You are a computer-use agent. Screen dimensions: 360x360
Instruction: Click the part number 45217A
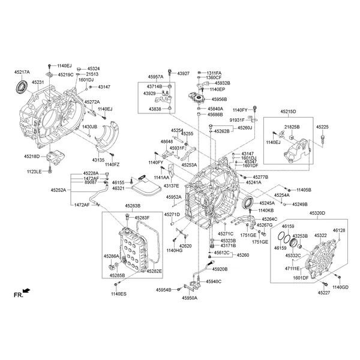(x=22, y=72)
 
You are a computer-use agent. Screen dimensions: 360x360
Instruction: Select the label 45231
(x=38, y=82)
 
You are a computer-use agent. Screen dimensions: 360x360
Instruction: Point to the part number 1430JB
(x=89, y=127)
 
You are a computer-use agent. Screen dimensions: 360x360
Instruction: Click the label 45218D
(x=31, y=157)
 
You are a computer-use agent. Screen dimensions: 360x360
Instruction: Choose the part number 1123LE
(x=34, y=172)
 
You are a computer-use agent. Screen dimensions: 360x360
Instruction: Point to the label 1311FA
(x=214, y=72)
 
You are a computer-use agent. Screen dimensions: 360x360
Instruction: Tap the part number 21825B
(x=292, y=127)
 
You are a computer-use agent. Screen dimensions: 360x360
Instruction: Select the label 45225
(x=323, y=127)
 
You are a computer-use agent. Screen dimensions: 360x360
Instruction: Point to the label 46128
(x=339, y=230)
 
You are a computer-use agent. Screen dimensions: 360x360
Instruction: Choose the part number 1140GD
(x=340, y=287)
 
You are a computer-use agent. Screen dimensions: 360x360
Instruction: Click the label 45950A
(x=190, y=298)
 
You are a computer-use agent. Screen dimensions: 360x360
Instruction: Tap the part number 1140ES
(x=119, y=293)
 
